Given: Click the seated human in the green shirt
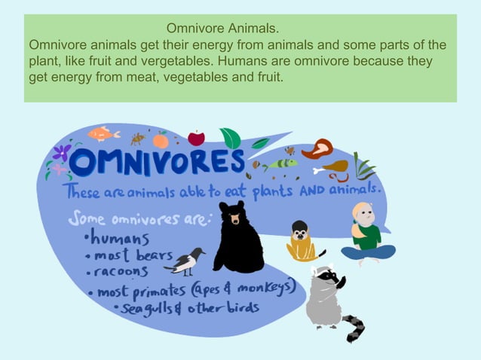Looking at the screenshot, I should (x=367, y=235).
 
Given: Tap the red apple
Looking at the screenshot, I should (x=196, y=138).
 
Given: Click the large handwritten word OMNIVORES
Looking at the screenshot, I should (x=159, y=162).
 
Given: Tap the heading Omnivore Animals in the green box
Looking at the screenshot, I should (x=222, y=29).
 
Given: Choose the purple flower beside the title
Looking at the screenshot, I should (x=61, y=153).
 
